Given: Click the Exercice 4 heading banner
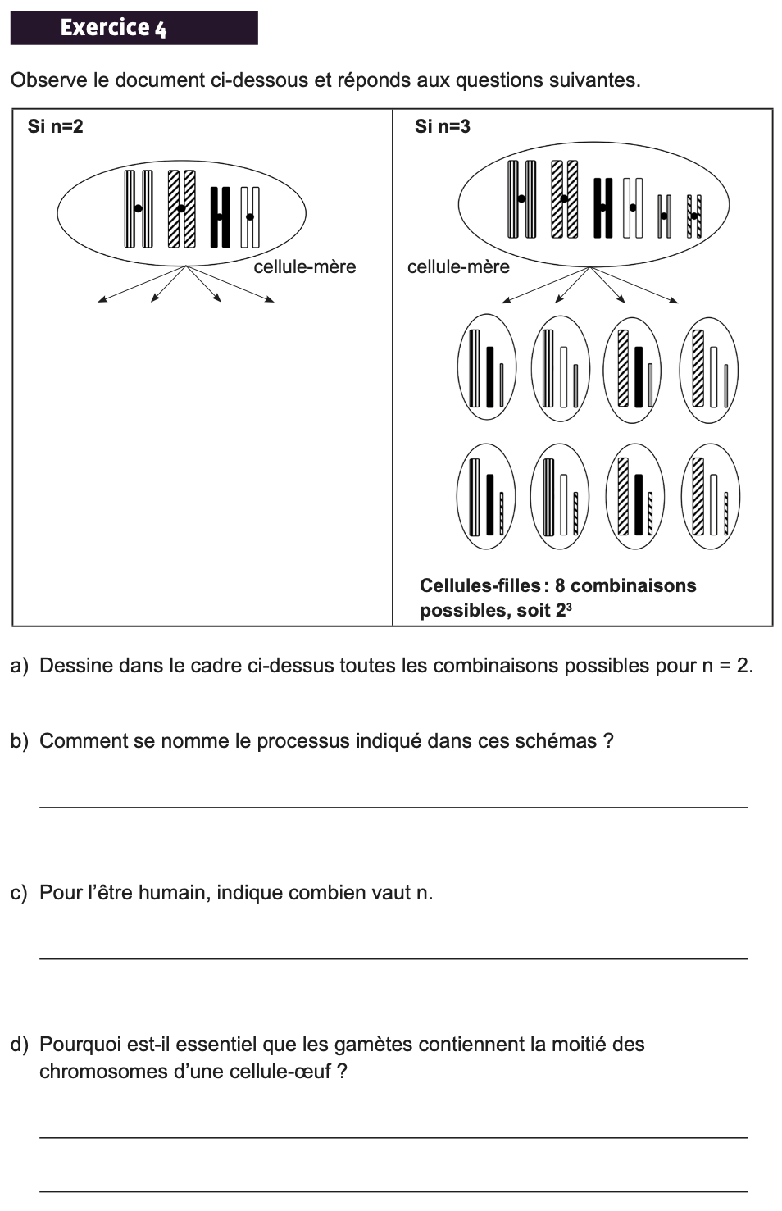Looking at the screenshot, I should click(134, 28).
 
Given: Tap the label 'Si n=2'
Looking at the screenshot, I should click(55, 126).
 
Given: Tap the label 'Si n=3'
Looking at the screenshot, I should click(442, 126).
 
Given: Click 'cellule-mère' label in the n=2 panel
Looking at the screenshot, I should click(305, 266).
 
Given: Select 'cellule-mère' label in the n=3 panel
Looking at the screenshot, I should click(458, 266).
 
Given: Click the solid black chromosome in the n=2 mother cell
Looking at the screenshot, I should click(220, 216).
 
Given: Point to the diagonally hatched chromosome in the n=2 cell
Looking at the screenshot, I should click(181, 208).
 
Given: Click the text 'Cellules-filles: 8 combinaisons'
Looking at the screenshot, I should click(557, 585).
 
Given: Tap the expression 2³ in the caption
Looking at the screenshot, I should click(563, 610).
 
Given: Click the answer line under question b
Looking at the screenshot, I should click(393, 807).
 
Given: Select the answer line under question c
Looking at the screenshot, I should click(393, 958).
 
